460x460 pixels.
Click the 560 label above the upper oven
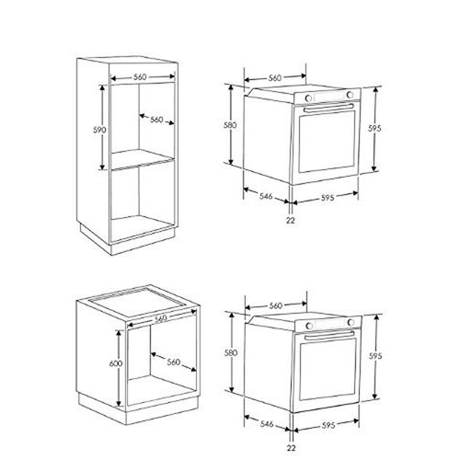pos(273,79)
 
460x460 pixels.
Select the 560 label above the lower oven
pos(273,305)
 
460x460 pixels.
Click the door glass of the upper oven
pos(327,143)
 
